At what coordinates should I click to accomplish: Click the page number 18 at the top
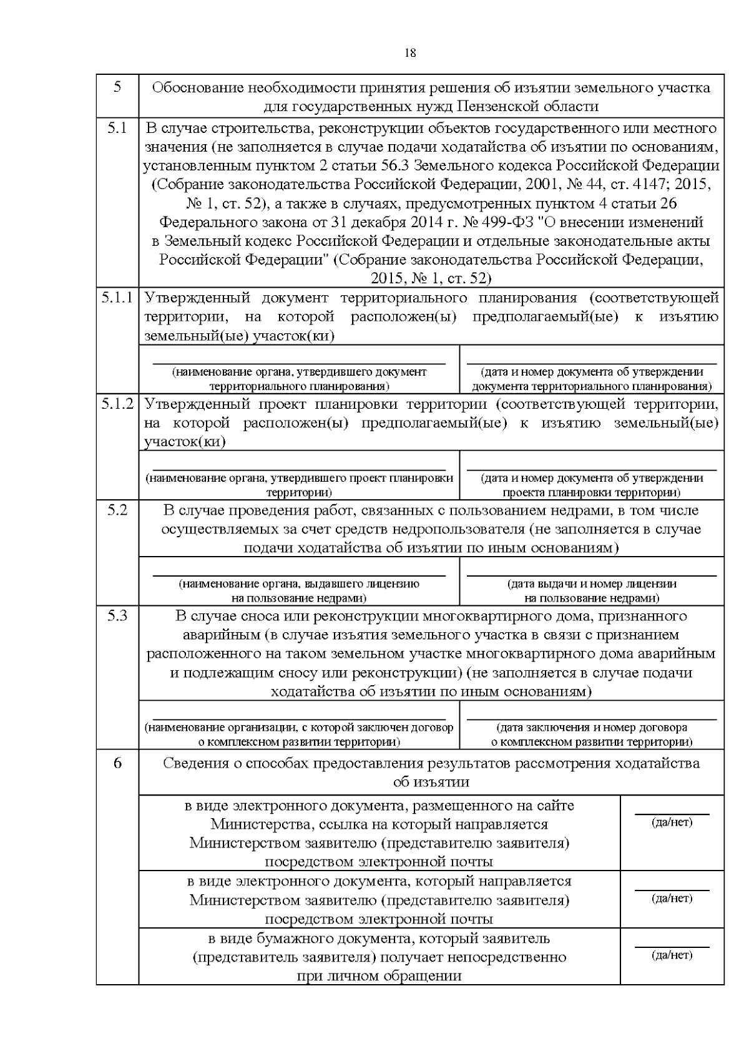pos(410,53)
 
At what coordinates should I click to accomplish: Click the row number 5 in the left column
pos(117,87)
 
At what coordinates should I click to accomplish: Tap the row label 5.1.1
pos(117,298)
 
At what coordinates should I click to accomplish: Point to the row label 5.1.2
pos(117,404)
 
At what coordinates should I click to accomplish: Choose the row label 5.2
pos(117,510)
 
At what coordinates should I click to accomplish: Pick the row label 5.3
pos(117,616)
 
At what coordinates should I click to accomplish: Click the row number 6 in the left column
pos(117,763)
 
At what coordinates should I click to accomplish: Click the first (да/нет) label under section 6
pos(672,822)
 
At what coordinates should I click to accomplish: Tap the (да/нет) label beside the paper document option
pos(672,955)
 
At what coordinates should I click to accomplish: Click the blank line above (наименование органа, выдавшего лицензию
pos(299,575)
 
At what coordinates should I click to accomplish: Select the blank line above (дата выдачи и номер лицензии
pos(592,575)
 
